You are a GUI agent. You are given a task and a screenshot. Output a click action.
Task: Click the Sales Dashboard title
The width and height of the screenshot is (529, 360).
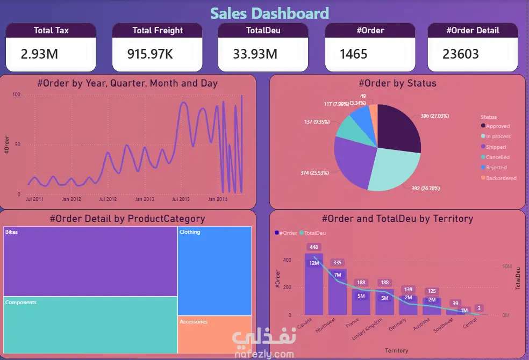pos(269,13)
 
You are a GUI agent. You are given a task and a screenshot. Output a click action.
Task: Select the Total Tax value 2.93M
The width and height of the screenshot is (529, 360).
pos(39,54)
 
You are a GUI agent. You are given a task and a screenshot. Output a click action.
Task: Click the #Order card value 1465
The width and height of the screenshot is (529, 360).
pos(353,54)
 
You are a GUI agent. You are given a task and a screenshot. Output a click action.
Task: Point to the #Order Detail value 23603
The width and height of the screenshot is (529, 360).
pos(461,54)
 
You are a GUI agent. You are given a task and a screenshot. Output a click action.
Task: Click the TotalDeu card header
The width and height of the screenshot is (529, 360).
pos(263,31)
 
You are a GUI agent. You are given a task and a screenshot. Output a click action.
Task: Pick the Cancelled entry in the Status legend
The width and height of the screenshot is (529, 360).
pos(497,157)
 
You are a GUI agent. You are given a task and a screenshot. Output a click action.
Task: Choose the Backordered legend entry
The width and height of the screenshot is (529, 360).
pos(501,178)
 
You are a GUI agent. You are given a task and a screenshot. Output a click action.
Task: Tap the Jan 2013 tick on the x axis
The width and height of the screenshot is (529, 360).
pos(145,199)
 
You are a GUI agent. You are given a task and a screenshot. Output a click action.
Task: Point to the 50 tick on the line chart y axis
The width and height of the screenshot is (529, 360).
pos(18,145)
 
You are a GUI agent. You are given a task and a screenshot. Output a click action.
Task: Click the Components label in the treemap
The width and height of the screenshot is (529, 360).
pos(21,303)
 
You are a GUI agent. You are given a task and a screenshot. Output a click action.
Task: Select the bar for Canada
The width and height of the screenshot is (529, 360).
pos(314,285)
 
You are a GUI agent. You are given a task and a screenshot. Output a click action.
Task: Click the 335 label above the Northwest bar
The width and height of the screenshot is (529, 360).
pos(338,262)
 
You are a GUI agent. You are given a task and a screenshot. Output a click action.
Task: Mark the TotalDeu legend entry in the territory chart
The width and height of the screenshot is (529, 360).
pos(314,233)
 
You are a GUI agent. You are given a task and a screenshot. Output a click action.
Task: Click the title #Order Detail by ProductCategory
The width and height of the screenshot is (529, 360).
pos(127,219)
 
